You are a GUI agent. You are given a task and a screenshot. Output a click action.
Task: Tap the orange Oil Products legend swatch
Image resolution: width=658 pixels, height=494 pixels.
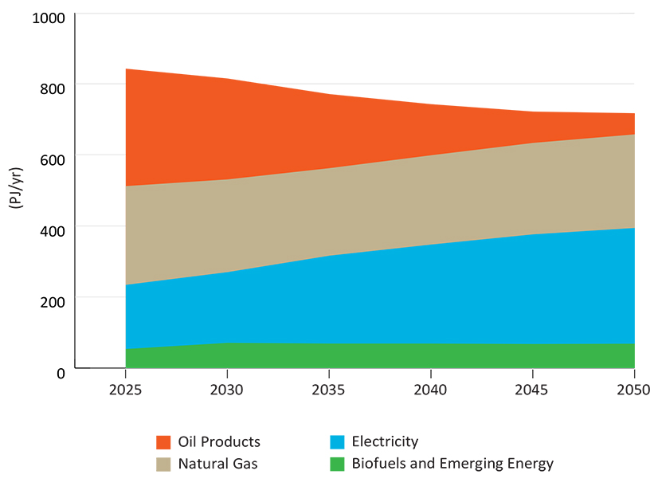(163, 442)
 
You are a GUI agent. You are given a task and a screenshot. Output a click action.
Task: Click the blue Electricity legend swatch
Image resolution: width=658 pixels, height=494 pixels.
(337, 442)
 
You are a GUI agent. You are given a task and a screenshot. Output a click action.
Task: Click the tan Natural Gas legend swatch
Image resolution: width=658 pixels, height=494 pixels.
(163, 464)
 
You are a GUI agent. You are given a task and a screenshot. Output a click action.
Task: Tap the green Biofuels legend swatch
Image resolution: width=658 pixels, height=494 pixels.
(337, 464)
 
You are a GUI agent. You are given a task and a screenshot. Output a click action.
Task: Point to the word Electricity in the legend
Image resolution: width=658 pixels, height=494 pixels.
(385, 442)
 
